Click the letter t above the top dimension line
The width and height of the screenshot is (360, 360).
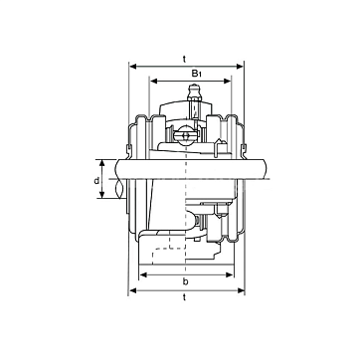click(184, 59)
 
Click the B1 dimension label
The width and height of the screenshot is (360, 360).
click(197, 74)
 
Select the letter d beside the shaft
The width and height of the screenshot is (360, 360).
click(96, 181)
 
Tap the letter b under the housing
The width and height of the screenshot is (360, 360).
click(186, 281)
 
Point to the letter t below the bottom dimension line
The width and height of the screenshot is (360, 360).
click(184, 297)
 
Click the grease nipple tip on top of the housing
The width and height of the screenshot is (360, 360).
click(194, 89)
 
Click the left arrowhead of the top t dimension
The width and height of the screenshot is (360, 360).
click(133, 67)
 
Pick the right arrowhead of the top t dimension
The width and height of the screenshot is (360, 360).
click(240, 67)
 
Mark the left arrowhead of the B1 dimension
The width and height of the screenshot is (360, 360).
click(154, 82)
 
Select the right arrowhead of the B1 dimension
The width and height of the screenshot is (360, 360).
click(227, 82)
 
